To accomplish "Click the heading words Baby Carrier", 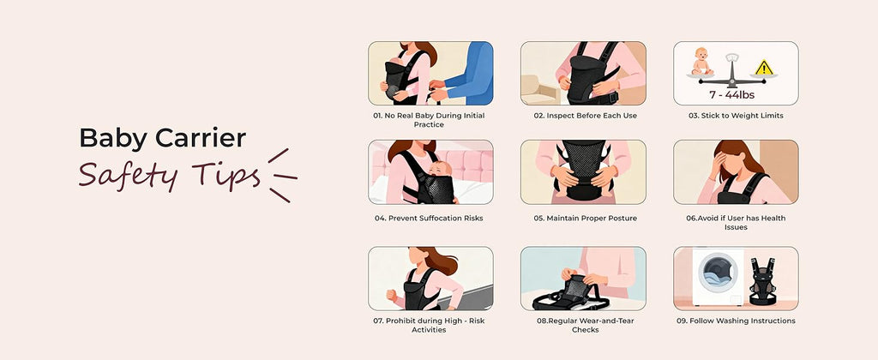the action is pyautogui.click(x=162, y=139).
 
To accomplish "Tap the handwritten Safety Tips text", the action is pyautogui.click(x=169, y=174).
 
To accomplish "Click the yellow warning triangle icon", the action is pyautogui.click(x=764, y=68).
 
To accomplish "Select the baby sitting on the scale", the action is pyautogui.click(x=701, y=61).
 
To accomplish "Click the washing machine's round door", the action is pyautogui.click(x=718, y=272).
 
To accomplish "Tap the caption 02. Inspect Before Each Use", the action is pyautogui.click(x=583, y=116).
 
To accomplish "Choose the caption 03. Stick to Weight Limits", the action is pyautogui.click(x=736, y=116).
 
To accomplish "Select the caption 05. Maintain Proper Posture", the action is pyautogui.click(x=583, y=218).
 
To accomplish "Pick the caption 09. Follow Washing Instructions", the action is pyautogui.click(x=736, y=321).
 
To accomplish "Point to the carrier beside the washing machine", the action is pyautogui.click(x=761, y=282).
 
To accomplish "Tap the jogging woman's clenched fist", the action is pyautogui.click(x=391, y=295).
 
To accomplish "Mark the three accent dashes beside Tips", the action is pyautogui.click(x=283, y=175).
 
